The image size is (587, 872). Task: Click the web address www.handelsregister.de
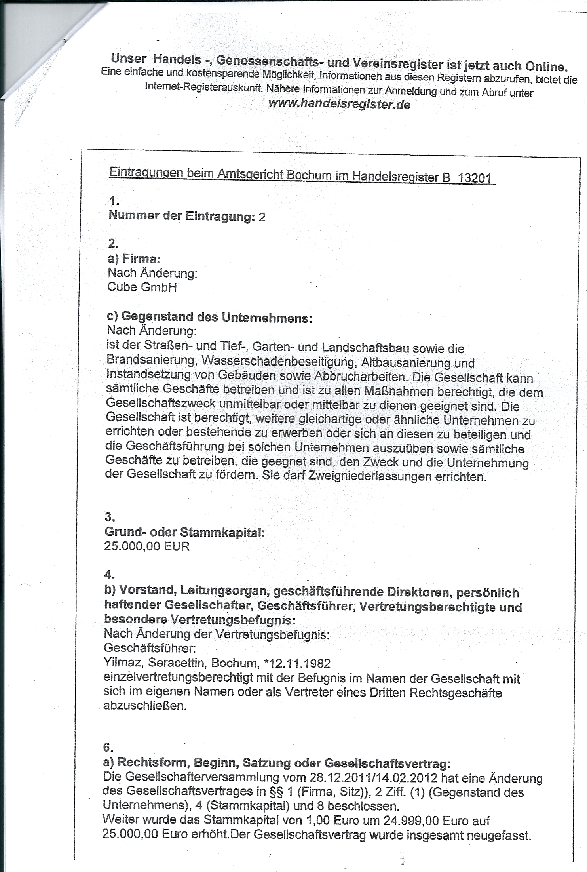coord(339,105)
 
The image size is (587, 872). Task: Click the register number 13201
coord(474,178)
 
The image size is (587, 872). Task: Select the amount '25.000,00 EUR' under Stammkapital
coord(147,546)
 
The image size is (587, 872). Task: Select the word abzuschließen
coord(144,706)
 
